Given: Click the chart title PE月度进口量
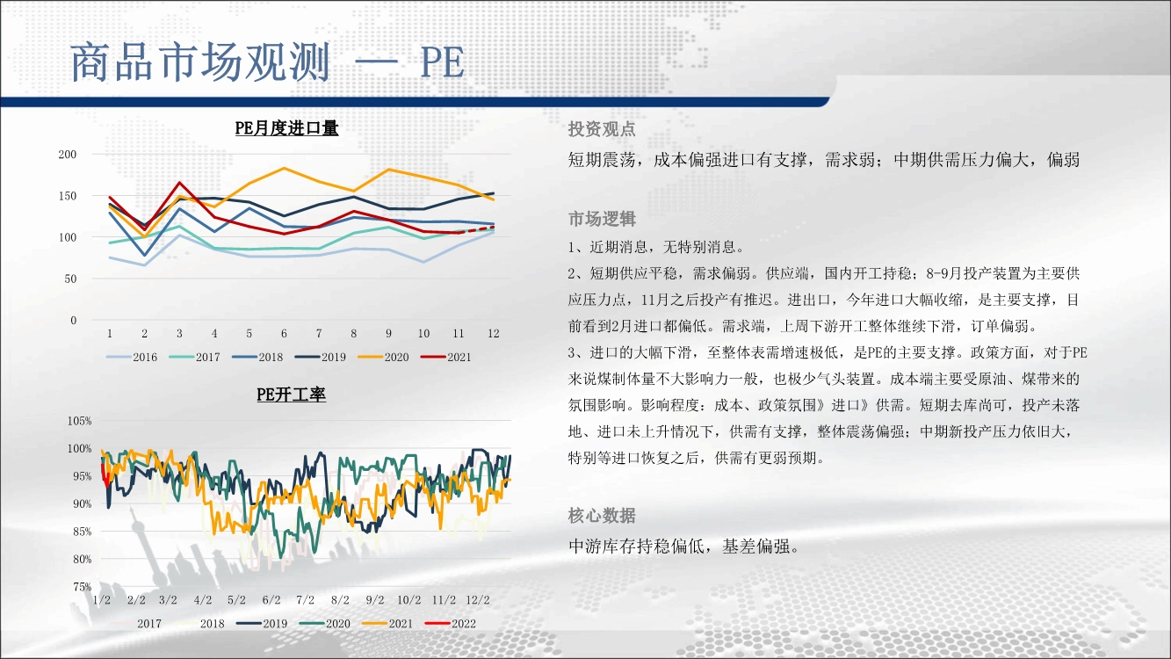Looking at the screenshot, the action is pos(286,128).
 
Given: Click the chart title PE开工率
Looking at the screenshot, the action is pos(291,395).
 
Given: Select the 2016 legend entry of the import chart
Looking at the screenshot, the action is pos(131,358).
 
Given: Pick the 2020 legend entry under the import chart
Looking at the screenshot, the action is pos(383,358).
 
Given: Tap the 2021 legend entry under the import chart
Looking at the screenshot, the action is pos(446,358).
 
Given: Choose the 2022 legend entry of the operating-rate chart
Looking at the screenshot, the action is pos(450,624).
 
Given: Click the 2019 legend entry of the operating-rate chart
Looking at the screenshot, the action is pos(262,624).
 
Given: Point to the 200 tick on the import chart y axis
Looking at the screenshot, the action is pos(68,155).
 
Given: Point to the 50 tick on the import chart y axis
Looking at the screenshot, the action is pos(70,279).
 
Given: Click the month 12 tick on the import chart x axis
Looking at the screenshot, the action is pos(494,333).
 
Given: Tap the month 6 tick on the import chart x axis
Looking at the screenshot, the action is pos(284,333).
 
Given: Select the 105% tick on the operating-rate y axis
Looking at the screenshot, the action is pos(79,421).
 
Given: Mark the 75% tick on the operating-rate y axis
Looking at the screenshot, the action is pos(83,587).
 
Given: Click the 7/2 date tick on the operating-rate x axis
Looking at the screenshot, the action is pos(306,600).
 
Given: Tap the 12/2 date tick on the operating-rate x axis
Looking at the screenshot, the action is pos(478,600).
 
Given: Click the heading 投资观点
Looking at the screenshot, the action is pos(602,129).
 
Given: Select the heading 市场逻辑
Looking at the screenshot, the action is pos(602,219).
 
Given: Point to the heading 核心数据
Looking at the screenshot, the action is pos(602,516).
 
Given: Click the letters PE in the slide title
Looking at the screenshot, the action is pos(442,63).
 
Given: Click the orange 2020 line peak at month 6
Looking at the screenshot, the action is pos(284,168).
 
